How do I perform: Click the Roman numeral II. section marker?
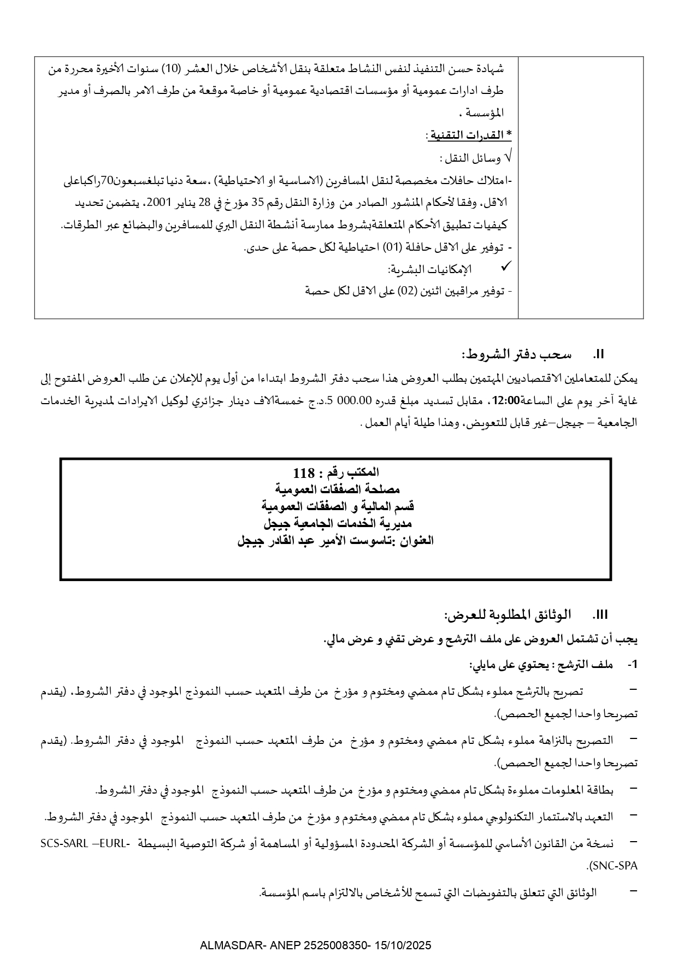(x=599, y=354)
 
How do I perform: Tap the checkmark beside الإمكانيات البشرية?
(x=506, y=266)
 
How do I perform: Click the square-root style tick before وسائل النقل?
(x=508, y=158)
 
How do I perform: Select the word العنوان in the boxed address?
(x=417, y=541)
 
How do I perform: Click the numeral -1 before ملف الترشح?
(x=633, y=665)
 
